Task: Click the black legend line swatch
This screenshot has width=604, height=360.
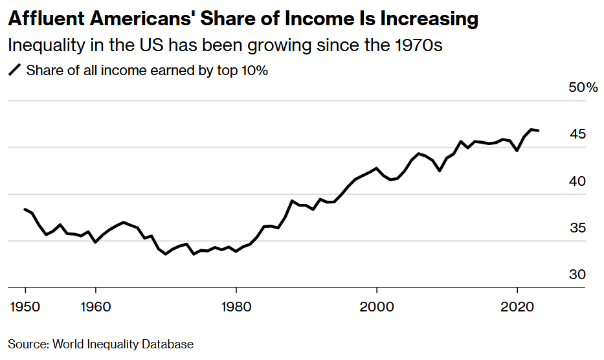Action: pyautogui.click(x=14, y=71)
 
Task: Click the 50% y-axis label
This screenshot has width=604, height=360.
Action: pyautogui.click(x=583, y=87)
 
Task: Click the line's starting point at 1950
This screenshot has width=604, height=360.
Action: pyautogui.click(x=25, y=209)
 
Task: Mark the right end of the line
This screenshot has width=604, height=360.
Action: pyautogui.click(x=539, y=131)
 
